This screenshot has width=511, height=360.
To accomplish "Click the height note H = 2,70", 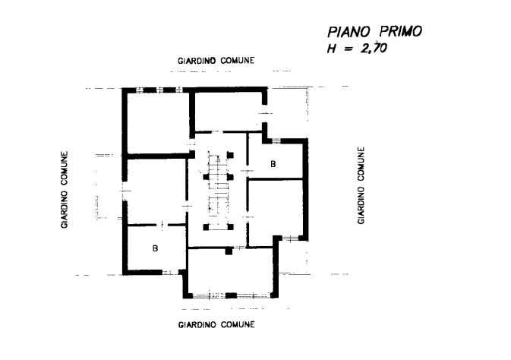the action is click(357, 49).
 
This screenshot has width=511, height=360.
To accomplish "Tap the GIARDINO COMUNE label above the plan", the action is click(216, 60).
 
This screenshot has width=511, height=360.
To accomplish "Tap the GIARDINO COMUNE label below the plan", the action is click(216, 325).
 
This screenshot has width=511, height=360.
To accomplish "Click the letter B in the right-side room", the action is click(273, 163).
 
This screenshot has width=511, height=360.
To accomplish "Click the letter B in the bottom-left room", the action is click(154, 248).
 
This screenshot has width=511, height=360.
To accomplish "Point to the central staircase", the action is click(219, 190).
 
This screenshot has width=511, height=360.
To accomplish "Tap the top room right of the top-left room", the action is click(226, 111).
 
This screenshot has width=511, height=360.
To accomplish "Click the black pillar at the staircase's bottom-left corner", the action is click(206, 227).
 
